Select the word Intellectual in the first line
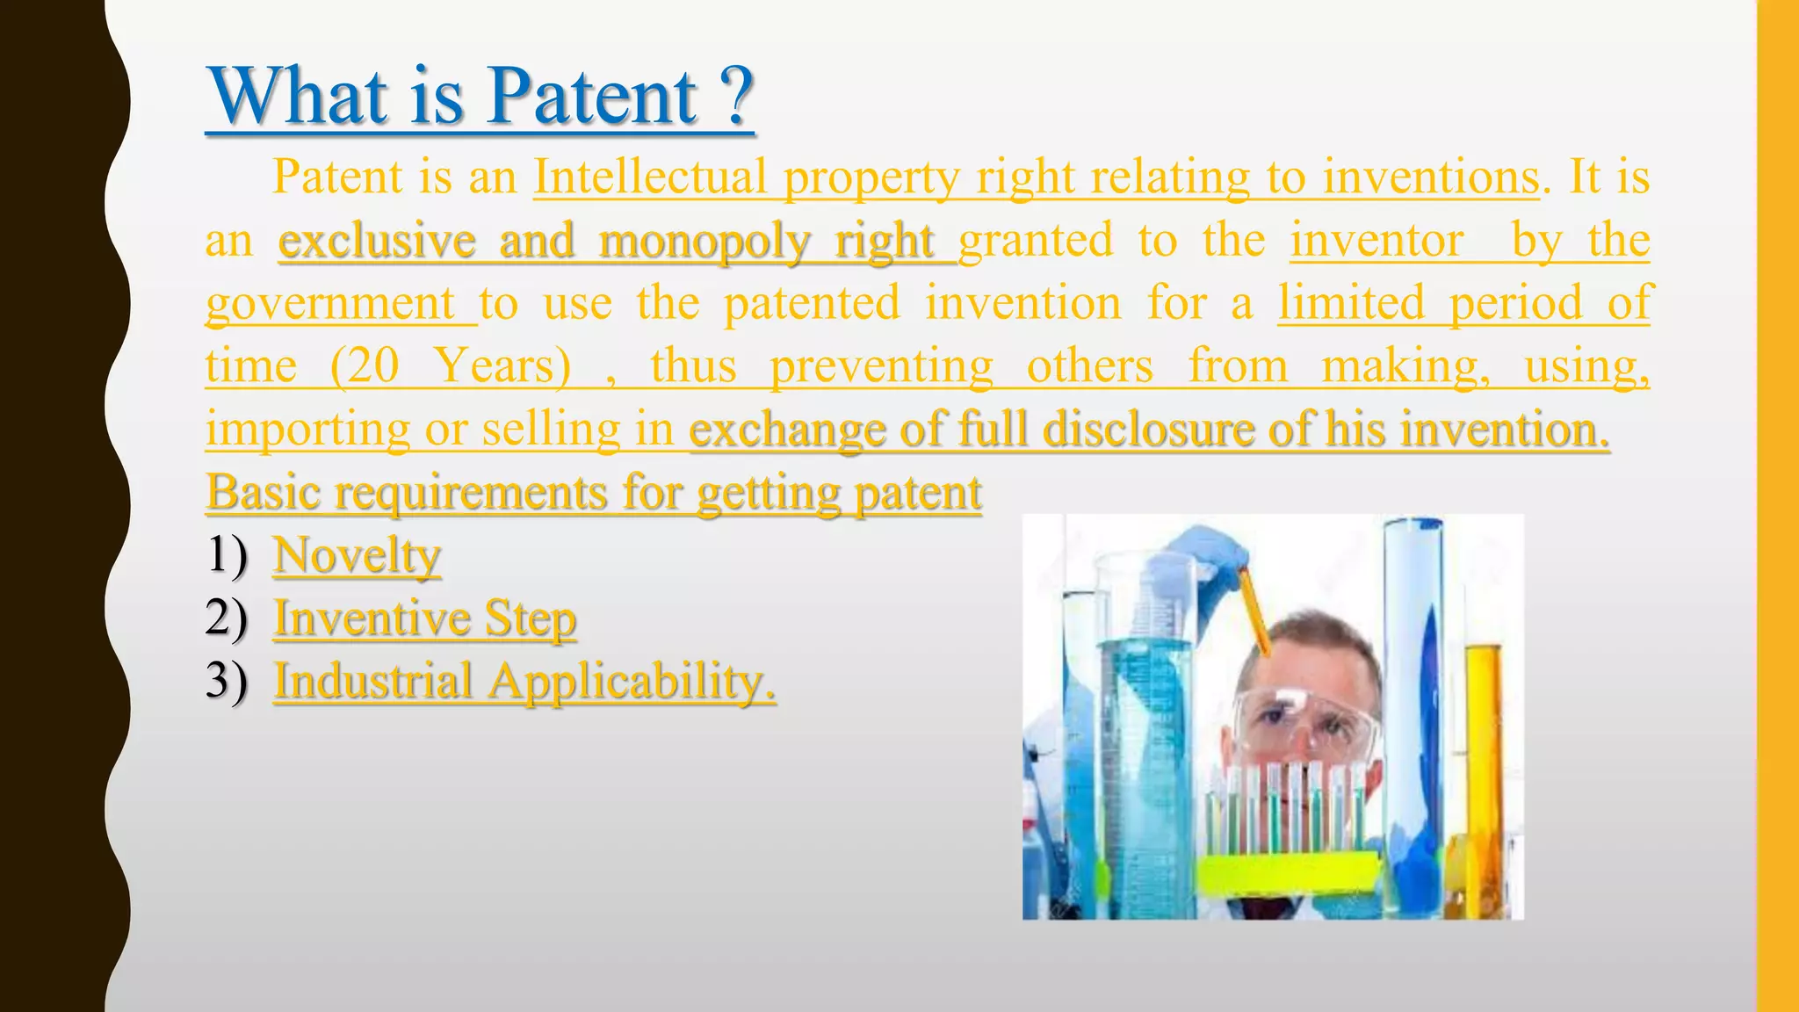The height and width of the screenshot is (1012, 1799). (649, 177)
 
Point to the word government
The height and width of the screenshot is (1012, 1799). (330, 304)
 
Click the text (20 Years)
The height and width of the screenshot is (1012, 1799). (450, 366)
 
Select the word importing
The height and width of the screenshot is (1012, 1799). (307, 430)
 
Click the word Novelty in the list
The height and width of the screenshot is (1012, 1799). (357, 555)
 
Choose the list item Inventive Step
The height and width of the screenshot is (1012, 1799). (424, 618)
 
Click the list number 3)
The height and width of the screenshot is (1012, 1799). (227, 681)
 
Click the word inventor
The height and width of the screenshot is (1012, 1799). (1376, 241)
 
